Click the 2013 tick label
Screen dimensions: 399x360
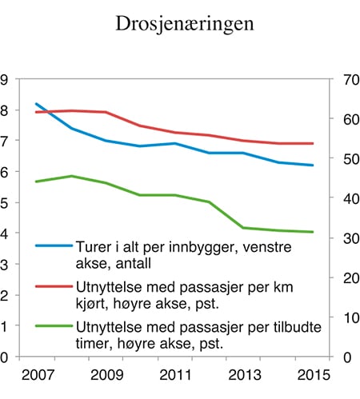(241, 375)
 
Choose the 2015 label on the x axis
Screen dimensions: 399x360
(311, 375)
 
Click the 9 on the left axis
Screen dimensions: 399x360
(5, 80)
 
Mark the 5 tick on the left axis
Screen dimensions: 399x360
(5, 203)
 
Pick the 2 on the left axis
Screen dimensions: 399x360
(5, 295)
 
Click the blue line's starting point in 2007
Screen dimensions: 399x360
(37, 104)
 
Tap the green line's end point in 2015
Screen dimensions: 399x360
(312, 232)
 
